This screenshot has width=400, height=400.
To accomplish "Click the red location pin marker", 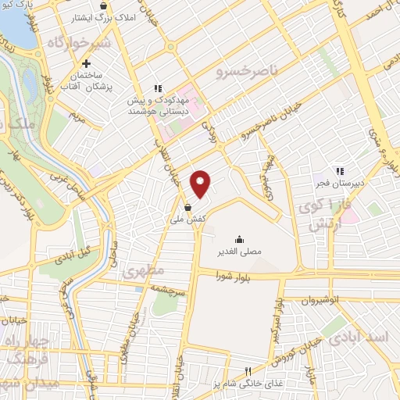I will [202, 183].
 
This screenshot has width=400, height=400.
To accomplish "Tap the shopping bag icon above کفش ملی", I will [188, 208].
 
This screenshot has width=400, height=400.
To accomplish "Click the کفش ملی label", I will [188, 221].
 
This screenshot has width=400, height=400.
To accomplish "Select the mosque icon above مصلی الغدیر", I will [238, 240].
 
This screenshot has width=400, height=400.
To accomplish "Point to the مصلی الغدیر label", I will [238, 253].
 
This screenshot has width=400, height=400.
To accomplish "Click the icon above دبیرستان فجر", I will [339, 171].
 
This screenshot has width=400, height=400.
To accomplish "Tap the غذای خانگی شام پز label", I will [248, 385].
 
